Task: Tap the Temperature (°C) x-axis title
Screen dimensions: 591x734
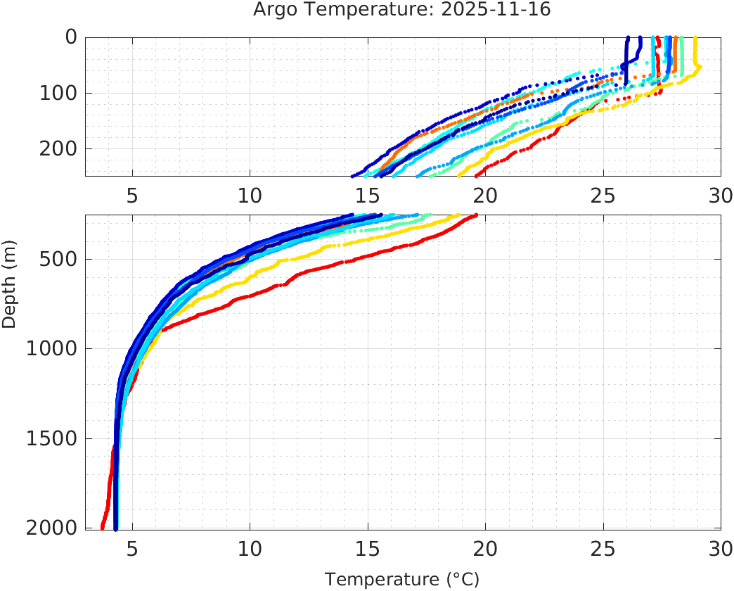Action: (x=402, y=580)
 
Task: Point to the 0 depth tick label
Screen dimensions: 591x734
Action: (x=71, y=37)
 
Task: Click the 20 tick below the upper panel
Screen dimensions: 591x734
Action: (x=485, y=196)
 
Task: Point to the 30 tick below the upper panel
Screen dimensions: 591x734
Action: (x=720, y=196)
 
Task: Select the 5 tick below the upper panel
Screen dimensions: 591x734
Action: (x=132, y=196)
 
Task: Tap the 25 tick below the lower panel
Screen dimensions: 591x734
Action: (x=603, y=548)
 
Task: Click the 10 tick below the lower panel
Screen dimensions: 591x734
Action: (x=250, y=548)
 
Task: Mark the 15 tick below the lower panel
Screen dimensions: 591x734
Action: (x=367, y=548)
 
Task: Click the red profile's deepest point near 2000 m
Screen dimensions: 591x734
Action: (x=103, y=526)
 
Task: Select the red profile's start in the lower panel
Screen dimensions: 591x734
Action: (x=475, y=215)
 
